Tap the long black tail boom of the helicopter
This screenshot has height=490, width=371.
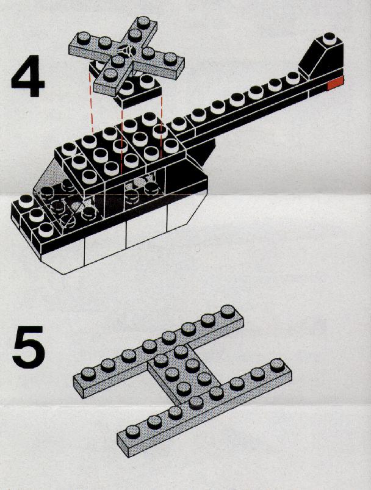256,107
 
